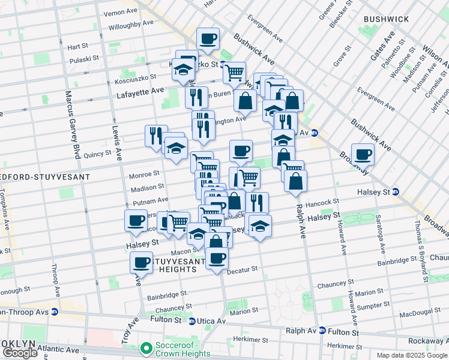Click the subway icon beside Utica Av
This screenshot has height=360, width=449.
coord(191,321)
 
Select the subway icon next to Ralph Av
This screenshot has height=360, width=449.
coord(322,331)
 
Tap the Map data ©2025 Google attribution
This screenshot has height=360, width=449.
coord(411,355)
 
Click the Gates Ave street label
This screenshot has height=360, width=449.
coord(381,47)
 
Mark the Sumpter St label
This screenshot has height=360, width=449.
coord(374,305)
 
